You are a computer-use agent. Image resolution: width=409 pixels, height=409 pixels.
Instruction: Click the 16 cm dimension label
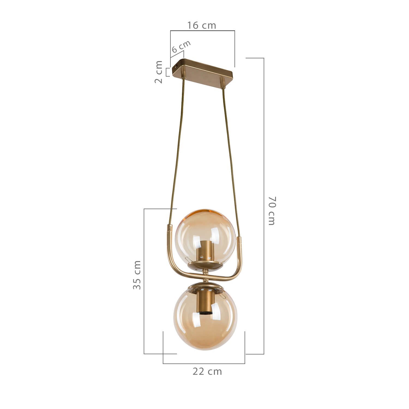(x=202, y=25)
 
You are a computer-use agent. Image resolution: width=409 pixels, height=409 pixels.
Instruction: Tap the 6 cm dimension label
(x=181, y=47)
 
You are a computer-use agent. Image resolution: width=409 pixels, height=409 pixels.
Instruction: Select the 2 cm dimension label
(x=158, y=72)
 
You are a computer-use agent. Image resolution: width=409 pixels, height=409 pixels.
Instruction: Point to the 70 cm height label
(x=272, y=211)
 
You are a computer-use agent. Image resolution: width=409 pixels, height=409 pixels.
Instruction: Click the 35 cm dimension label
(x=137, y=275)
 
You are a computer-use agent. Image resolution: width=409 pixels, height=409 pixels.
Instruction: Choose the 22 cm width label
(x=207, y=371)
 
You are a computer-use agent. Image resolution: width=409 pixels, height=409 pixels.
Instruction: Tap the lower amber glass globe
(x=205, y=318)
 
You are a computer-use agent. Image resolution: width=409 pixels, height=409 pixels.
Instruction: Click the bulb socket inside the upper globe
(x=204, y=251)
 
